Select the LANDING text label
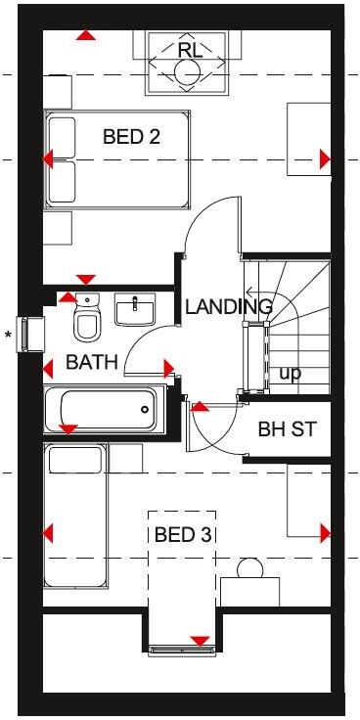coord(229,307)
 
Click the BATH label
coord(92,363)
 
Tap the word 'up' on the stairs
coord(291,373)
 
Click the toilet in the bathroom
coord(87,318)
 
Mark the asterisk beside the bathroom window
coord(9,337)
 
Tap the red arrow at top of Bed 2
coord(86,36)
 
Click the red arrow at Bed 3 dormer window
coord(201,642)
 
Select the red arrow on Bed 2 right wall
coord(325,158)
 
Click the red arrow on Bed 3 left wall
coord(48,533)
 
